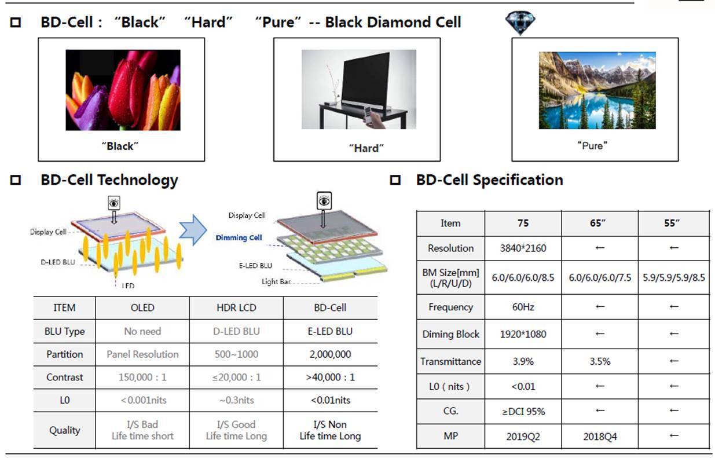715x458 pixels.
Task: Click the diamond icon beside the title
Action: coord(520,23)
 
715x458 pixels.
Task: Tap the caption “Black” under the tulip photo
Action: coord(120,146)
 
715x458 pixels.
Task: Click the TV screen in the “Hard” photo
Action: coord(365,79)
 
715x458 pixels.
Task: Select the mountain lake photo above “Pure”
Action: coord(597,90)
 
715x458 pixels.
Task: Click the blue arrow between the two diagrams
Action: coord(193,230)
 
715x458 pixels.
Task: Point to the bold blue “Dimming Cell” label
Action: coord(239,237)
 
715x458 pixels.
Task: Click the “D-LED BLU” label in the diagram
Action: coord(58,262)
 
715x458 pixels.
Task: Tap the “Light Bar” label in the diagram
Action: coord(276,281)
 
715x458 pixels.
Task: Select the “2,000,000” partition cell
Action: coord(330,354)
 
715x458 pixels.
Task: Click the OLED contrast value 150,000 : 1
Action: coord(142,378)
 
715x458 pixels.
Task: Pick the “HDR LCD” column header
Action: coord(236,307)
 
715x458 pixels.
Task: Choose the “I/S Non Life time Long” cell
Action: coord(330,430)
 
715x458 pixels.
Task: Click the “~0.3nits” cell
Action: coord(237,400)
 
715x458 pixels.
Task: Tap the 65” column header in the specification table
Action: coord(598,223)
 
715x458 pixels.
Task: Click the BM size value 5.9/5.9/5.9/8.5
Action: coord(674,278)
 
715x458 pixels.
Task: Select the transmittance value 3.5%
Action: coord(600,361)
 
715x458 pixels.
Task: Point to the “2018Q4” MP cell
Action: coord(600,437)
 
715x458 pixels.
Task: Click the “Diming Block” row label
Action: coord(450,334)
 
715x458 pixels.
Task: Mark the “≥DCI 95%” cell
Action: coord(523,412)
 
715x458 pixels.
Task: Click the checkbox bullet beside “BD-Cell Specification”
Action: coord(395,180)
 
